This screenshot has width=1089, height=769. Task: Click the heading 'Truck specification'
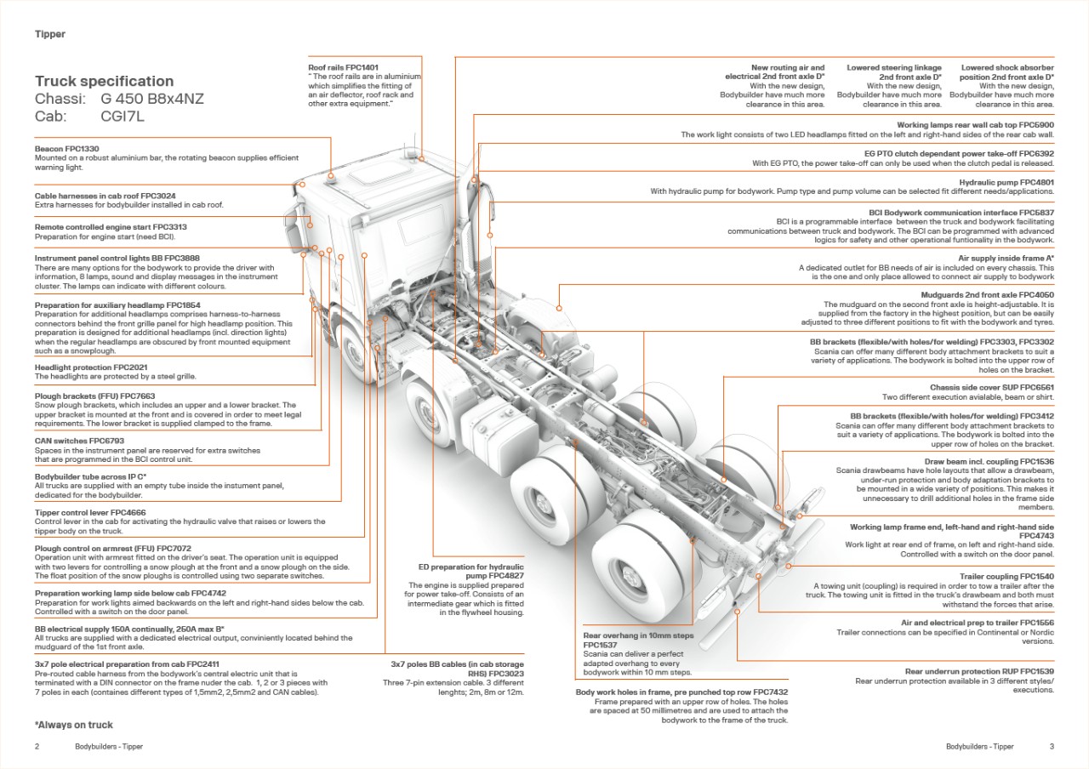point(104,82)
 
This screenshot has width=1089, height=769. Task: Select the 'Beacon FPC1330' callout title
point(66,149)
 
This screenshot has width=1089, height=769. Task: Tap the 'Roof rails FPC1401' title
point(343,67)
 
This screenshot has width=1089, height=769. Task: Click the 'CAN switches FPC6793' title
point(79,441)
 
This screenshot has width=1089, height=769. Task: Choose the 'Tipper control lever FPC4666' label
point(90,513)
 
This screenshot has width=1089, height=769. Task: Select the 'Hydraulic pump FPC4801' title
point(1006,182)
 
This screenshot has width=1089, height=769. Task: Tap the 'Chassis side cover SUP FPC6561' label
point(992,388)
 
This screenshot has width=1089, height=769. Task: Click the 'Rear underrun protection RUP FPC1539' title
point(979,672)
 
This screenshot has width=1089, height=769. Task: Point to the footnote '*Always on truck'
point(74,726)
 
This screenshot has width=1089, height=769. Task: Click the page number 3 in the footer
point(1052,747)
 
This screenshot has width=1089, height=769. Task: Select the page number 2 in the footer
point(37,747)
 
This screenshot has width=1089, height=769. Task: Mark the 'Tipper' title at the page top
point(50,34)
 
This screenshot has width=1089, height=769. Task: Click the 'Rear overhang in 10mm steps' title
point(638,635)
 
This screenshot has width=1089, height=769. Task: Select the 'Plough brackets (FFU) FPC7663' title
point(94,396)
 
